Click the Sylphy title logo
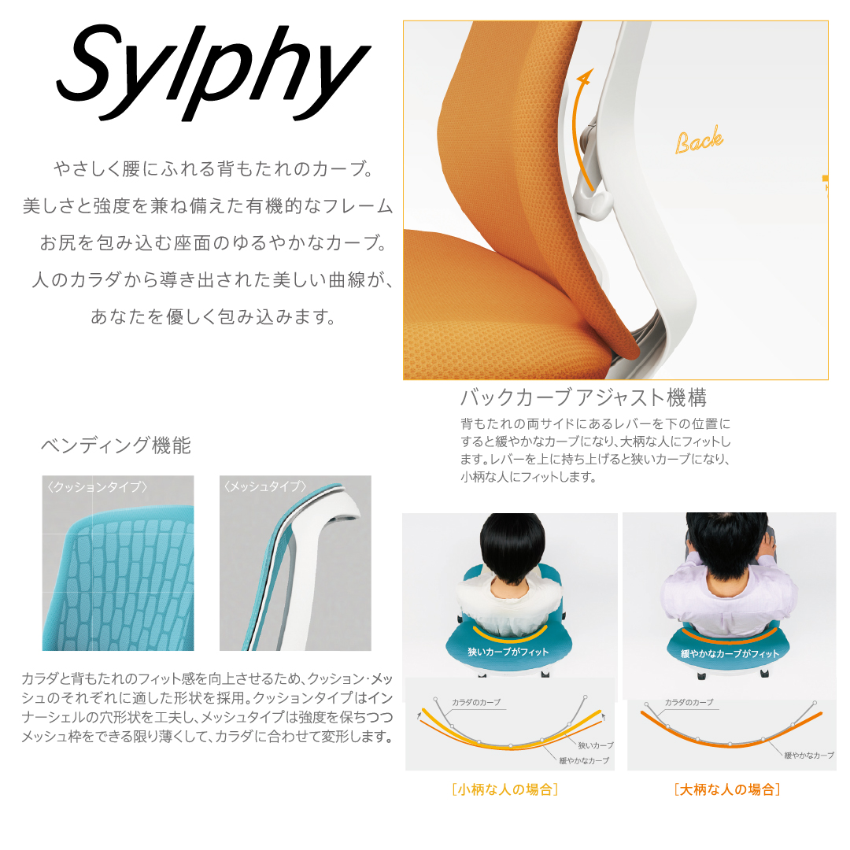pyautogui.click(x=213, y=72)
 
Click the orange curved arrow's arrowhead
pyautogui.click(x=586, y=77)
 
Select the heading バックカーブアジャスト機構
pyautogui.click(x=583, y=398)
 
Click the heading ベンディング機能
pyautogui.click(x=116, y=445)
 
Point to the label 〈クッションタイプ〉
pyautogui.click(x=97, y=487)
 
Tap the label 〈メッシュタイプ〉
pyautogui.click(x=265, y=487)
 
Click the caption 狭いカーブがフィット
pyautogui.click(x=508, y=652)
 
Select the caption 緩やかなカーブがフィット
pyautogui.click(x=730, y=654)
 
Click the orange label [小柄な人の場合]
pyautogui.click(x=504, y=789)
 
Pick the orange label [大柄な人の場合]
pyautogui.click(x=727, y=789)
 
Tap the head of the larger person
pyautogui.click(x=727, y=545)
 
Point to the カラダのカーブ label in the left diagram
pyautogui.click(x=476, y=702)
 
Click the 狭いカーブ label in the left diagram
pyautogui.click(x=596, y=745)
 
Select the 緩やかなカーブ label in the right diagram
pyautogui.click(x=809, y=755)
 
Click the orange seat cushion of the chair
pyautogui.click(x=499, y=325)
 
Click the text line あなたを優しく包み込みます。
pyautogui.click(x=214, y=316)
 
